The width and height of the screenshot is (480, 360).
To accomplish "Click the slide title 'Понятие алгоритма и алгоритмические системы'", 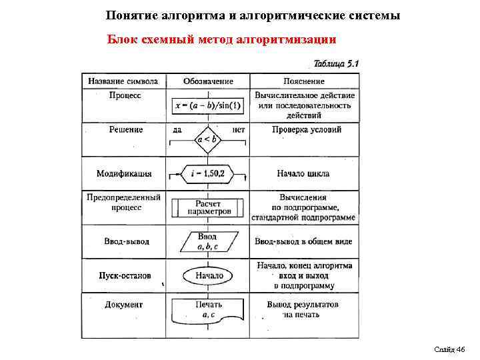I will pos(253,15).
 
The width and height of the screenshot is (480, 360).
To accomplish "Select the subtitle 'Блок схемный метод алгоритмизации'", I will pos(222,39).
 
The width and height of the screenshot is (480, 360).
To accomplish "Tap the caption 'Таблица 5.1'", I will pos(336,64).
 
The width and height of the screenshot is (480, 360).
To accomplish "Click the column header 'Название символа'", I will pos(123,81).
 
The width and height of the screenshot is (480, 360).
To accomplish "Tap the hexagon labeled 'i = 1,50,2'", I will pos(207,173).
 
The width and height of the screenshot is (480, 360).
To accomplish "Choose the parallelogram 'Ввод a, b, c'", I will pos(207,241).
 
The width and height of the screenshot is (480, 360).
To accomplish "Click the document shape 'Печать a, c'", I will pos(207,310).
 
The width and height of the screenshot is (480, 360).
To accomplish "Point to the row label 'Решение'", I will pos(126,129).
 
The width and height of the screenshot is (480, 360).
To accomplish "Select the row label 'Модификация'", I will pos(124,173).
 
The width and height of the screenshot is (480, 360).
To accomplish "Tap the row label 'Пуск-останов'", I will pos(125,275).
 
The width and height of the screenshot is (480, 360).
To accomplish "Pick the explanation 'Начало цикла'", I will pos(303,173).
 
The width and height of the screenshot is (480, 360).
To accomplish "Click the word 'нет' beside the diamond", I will pos(239,129).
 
